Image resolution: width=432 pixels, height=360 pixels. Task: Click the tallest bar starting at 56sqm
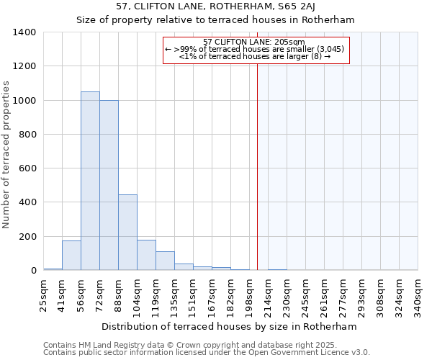90,181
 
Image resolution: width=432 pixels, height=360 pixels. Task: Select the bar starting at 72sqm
109,185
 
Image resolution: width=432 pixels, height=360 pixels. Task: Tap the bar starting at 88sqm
127,232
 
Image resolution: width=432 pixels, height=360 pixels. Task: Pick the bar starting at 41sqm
71,256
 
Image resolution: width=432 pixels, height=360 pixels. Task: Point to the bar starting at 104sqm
146,255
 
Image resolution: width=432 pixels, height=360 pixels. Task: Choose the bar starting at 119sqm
165,261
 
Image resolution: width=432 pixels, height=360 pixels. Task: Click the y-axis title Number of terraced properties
7,154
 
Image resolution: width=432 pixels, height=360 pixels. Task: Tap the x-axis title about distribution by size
229,326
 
